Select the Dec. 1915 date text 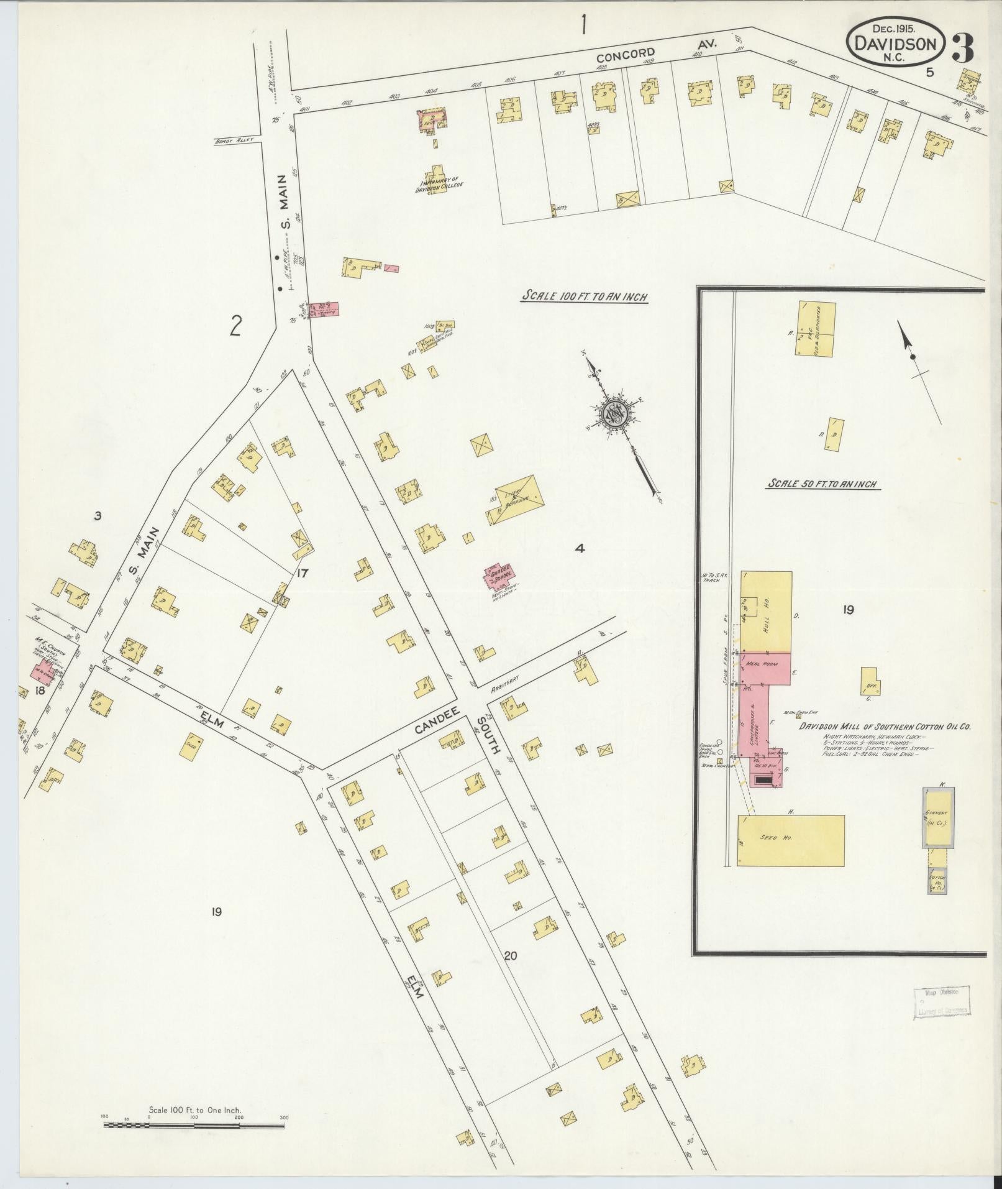click(895, 29)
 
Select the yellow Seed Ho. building click(791, 840)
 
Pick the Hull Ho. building click(766, 610)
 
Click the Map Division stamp click(941, 1015)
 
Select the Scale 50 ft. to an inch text click(824, 484)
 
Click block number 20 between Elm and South click(510, 973)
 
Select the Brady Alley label click(231, 140)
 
